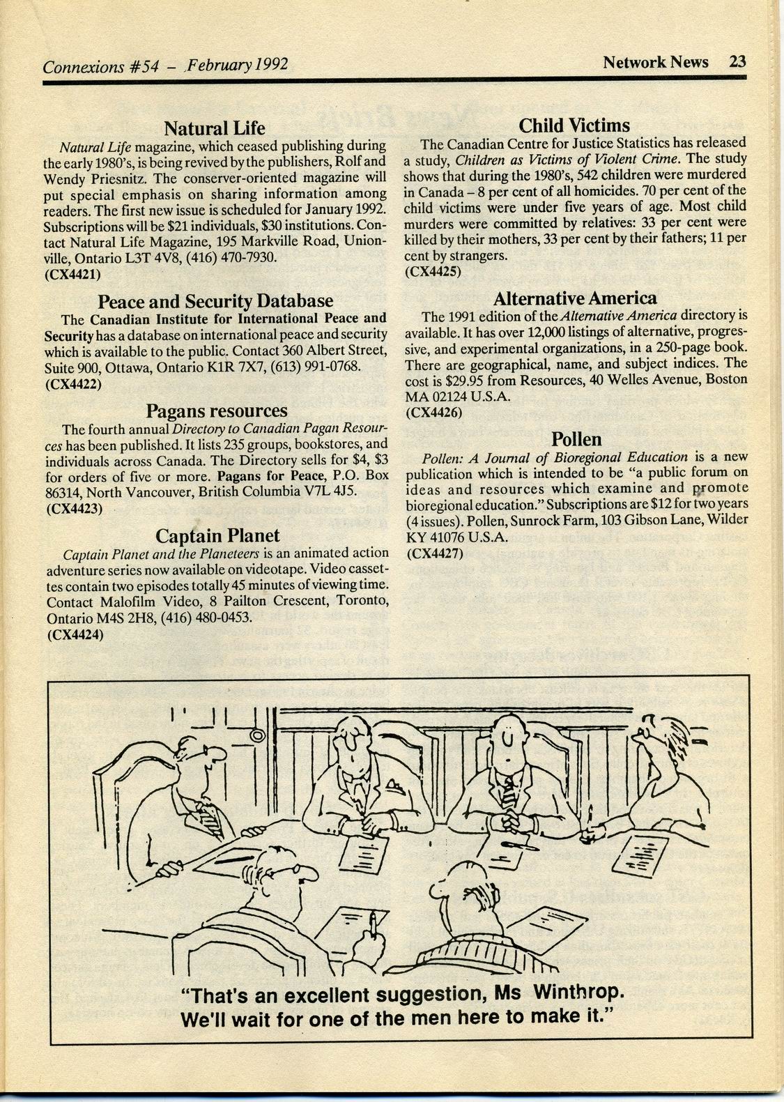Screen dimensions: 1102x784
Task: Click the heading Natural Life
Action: (214, 129)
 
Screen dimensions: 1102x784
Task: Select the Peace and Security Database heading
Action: (215, 302)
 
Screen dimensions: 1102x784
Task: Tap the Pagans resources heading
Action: (216, 411)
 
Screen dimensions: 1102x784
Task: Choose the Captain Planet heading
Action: (217, 536)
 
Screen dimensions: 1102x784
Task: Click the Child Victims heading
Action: (574, 126)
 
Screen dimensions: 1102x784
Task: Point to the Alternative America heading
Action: (575, 299)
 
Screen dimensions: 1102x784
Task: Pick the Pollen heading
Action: (576, 439)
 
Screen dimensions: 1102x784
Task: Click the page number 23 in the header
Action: (737, 62)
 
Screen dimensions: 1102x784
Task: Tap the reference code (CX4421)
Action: (73, 274)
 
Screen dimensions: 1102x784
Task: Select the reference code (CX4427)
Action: (434, 554)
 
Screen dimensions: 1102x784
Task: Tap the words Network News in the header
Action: (655, 62)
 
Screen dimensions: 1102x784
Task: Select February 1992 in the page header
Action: (237, 66)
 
